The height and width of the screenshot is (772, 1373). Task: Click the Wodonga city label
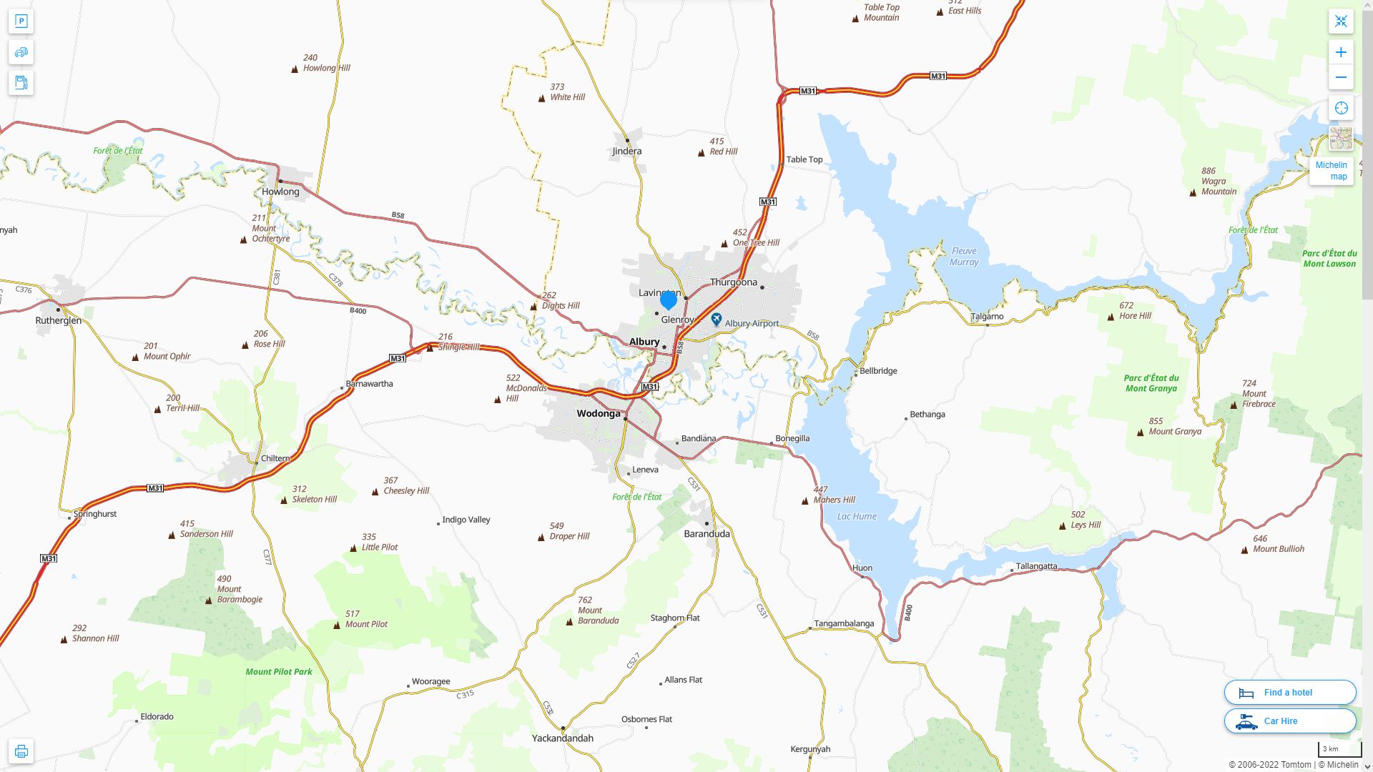point(599,413)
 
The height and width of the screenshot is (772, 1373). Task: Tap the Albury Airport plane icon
point(717,320)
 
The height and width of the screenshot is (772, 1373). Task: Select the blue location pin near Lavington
point(669,300)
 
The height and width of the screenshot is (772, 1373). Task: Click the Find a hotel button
point(1289,692)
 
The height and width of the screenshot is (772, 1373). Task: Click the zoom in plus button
point(1341,52)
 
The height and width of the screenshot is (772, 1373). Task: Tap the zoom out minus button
point(1341,77)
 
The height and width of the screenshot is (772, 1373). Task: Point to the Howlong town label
point(280,192)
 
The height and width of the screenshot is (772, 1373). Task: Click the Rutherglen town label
point(59,320)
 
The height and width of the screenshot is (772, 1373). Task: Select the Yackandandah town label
point(563,738)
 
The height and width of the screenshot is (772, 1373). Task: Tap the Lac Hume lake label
point(857,516)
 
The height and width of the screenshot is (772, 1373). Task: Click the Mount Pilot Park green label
point(279,671)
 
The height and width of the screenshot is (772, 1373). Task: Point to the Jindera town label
point(627,151)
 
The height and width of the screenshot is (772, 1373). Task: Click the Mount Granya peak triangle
point(1141,432)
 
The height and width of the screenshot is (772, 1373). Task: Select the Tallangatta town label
point(1036,566)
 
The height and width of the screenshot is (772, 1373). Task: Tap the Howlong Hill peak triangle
point(295,69)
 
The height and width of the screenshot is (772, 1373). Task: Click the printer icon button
point(21,751)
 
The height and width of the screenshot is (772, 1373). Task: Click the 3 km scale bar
point(1339,750)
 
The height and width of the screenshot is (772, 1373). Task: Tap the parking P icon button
point(21,21)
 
